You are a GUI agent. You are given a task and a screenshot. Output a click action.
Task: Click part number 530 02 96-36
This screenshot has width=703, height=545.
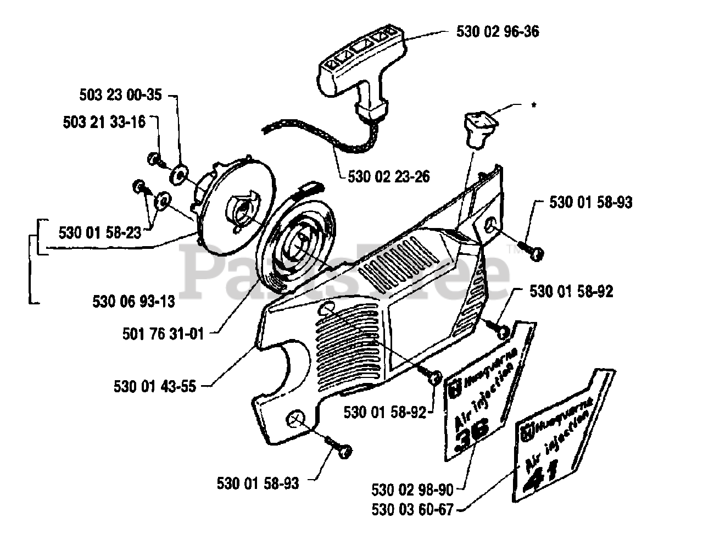(x=497, y=32)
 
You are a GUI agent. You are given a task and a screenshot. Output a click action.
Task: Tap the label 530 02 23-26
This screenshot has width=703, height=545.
(x=389, y=177)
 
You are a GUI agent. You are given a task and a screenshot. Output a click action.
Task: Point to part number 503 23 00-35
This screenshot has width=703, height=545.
(x=120, y=96)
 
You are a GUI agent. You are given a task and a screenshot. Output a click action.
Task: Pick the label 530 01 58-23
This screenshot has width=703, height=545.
(x=99, y=232)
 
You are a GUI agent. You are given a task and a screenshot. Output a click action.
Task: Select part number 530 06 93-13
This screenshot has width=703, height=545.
(x=133, y=301)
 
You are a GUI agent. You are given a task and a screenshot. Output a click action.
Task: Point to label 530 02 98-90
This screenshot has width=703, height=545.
(x=412, y=489)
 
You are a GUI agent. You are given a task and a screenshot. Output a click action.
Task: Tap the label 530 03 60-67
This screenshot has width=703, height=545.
(x=412, y=510)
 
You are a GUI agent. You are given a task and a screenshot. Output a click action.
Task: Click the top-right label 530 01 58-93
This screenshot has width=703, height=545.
(x=590, y=202)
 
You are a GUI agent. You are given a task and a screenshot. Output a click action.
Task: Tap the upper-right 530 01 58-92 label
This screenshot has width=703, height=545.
(x=571, y=291)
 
